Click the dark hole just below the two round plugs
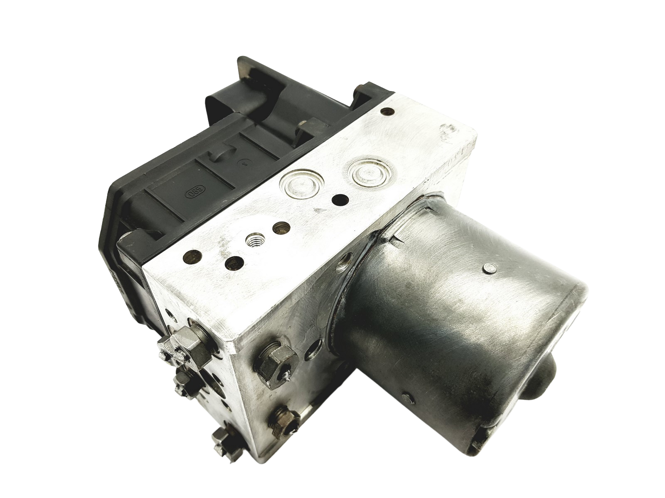340,199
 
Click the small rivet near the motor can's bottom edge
410,399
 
